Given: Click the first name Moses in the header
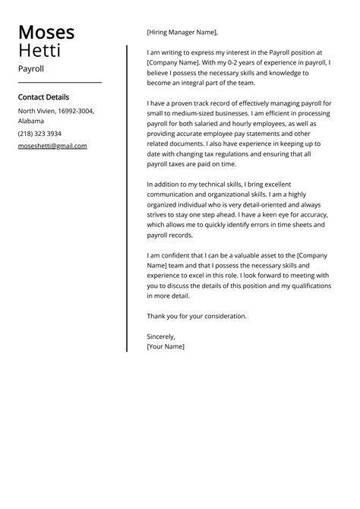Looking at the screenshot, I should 46,33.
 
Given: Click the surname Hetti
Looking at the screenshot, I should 39,51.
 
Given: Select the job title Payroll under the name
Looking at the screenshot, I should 31,68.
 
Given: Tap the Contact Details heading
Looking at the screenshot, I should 43,97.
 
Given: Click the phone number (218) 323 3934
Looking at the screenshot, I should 39,133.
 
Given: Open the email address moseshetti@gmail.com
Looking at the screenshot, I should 52,145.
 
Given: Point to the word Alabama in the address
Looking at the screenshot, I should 31,121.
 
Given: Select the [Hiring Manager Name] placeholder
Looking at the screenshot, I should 182,32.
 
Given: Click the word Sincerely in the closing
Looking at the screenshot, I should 161,336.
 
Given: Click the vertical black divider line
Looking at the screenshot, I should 127,198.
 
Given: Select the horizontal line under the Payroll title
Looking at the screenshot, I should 60,82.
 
